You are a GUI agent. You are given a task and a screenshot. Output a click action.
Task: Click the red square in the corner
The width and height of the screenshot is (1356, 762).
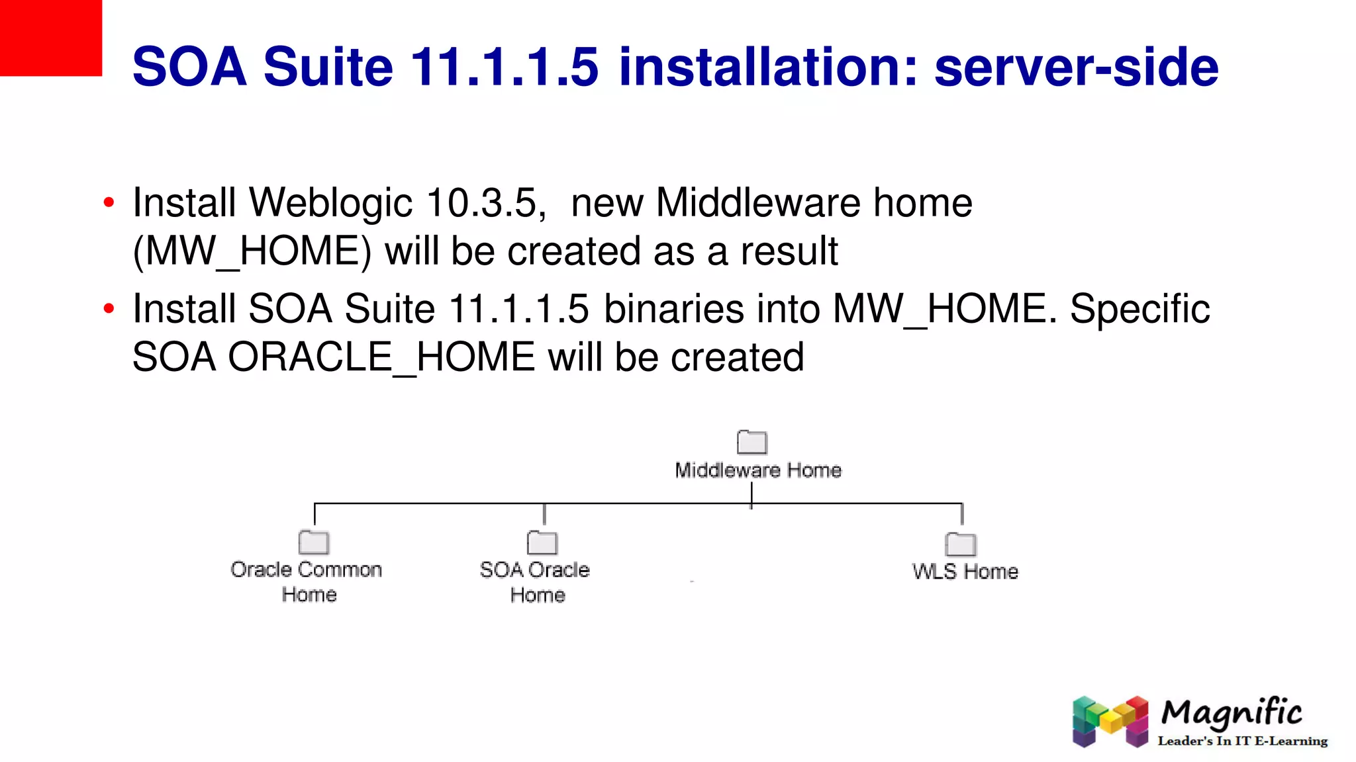50,38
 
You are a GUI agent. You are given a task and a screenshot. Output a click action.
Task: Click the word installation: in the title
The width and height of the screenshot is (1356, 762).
768,67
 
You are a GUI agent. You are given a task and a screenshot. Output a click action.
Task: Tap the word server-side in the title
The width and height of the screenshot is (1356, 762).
1076,67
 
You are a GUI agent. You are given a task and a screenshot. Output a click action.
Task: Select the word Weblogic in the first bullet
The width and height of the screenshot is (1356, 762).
330,203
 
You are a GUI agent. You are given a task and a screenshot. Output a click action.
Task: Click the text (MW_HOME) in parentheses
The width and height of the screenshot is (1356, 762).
252,252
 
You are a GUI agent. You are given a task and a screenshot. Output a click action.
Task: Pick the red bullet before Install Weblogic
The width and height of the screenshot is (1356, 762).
109,202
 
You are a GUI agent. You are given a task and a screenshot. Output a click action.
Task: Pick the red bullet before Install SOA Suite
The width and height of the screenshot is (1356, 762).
109,309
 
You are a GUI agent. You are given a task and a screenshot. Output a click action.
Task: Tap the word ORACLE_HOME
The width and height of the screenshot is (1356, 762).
381,358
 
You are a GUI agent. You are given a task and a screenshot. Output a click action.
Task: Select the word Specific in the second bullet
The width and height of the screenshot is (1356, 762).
1139,310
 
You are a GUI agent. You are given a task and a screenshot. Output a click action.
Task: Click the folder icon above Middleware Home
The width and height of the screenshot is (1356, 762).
752,442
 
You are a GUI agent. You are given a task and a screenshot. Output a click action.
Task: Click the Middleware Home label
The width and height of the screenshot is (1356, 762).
758,470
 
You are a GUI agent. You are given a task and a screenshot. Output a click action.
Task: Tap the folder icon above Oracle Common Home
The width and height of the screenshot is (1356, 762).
314,542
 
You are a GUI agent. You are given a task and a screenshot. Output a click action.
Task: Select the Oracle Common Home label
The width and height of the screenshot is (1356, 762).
307,581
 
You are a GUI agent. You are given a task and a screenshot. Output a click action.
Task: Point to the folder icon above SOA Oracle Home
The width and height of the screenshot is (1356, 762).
542,542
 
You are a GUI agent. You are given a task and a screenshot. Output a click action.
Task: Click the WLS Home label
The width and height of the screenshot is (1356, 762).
965,571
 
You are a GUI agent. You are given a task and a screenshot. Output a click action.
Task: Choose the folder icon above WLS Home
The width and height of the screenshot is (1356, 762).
961,544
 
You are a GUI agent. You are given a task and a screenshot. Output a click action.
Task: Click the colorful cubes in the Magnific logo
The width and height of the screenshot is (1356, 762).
1110,721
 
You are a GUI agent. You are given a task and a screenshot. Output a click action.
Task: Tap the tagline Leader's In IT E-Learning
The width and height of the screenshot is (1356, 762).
1242,741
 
